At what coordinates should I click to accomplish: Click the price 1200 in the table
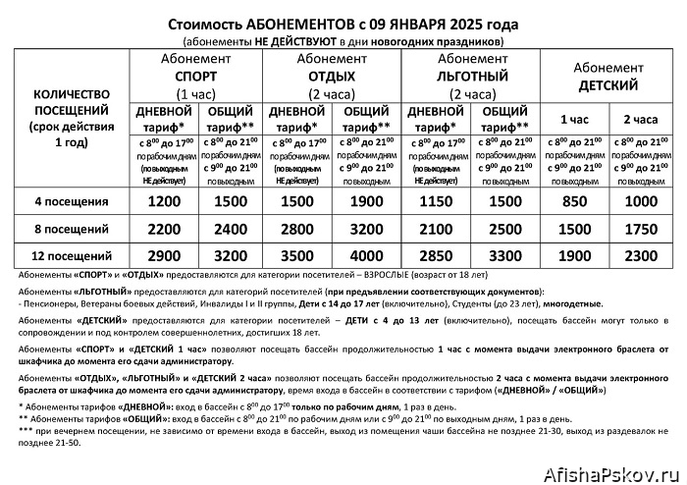[165, 201]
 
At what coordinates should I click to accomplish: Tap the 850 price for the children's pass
[573, 201]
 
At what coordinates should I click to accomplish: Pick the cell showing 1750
[641, 228]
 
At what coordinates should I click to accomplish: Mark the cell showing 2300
[641, 254]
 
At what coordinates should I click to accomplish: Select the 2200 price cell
[165, 228]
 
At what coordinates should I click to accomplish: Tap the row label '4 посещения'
[72, 202]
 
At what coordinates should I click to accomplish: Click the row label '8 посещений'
[72, 229]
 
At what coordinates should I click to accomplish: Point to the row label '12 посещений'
[72, 255]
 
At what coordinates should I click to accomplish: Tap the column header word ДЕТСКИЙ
[607, 84]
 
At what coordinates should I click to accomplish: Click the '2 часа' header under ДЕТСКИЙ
[641, 119]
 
